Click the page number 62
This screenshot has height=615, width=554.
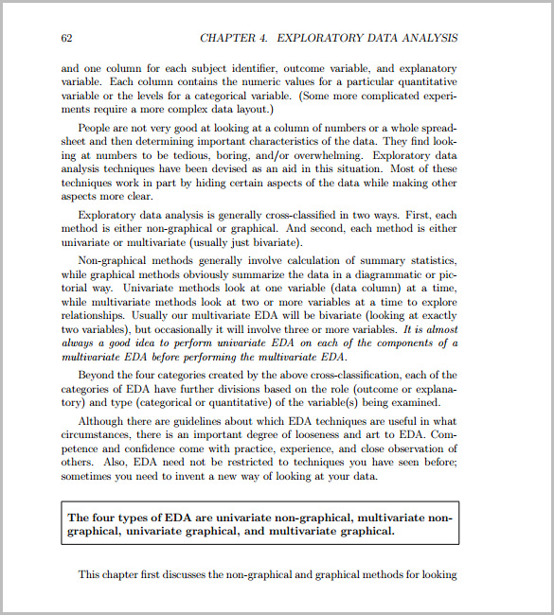tap(67, 39)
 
